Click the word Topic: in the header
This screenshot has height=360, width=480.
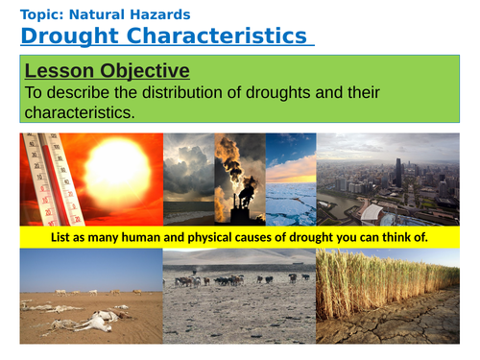tap(44, 14)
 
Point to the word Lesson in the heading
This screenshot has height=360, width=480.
tap(60, 71)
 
